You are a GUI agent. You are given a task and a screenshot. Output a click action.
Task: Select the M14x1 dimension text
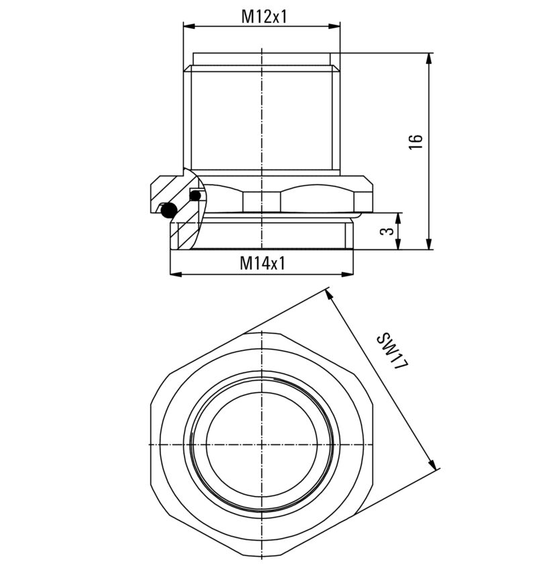click(x=262, y=264)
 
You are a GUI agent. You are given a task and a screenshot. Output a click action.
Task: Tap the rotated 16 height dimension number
click(x=417, y=142)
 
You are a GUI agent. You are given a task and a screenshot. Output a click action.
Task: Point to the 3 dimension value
click(x=386, y=231)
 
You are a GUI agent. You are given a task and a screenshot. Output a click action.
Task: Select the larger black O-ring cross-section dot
click(x=168, y=210)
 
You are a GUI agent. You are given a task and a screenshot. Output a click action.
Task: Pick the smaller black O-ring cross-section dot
click(x=195, y=196)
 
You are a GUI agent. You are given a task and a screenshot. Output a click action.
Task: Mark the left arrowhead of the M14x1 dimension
click(x=175, y=274)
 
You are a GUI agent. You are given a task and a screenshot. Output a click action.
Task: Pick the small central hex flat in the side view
click(x=262, y=200)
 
